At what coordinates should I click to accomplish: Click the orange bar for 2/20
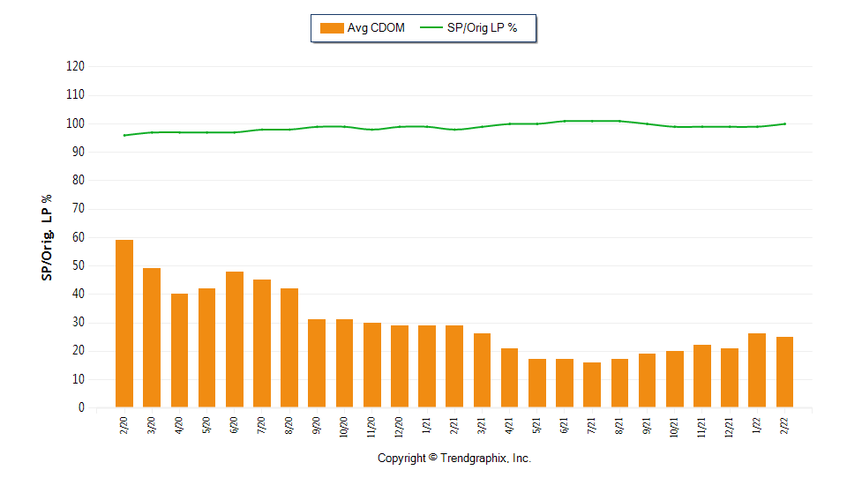coord(124,324)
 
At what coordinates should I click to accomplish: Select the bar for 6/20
coord(235,339)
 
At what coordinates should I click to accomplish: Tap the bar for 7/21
coord(592,384)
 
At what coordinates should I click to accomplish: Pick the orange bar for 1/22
coord(757,370)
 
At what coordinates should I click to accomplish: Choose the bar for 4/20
coord(179,350)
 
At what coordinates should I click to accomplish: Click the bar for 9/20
coord(317,363)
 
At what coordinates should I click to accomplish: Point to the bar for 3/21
coord(482,370)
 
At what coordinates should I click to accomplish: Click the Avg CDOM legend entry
coord(363,28)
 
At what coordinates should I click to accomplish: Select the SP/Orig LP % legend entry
coord(468,28)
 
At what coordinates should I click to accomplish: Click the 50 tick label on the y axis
coord(79,265)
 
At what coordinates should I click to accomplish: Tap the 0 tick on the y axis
coord(81,407)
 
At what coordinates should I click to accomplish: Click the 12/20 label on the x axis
coord(399,426)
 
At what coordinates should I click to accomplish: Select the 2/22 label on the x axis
coord(784,426)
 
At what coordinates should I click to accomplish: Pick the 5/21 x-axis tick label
coord(536,426)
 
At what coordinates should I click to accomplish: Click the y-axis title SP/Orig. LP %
coord(47,238)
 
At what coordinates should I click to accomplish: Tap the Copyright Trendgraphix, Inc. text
coord(453,459)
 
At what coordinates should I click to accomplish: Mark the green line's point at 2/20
coord(124,135)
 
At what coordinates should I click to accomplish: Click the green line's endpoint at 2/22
coord(784,123)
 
